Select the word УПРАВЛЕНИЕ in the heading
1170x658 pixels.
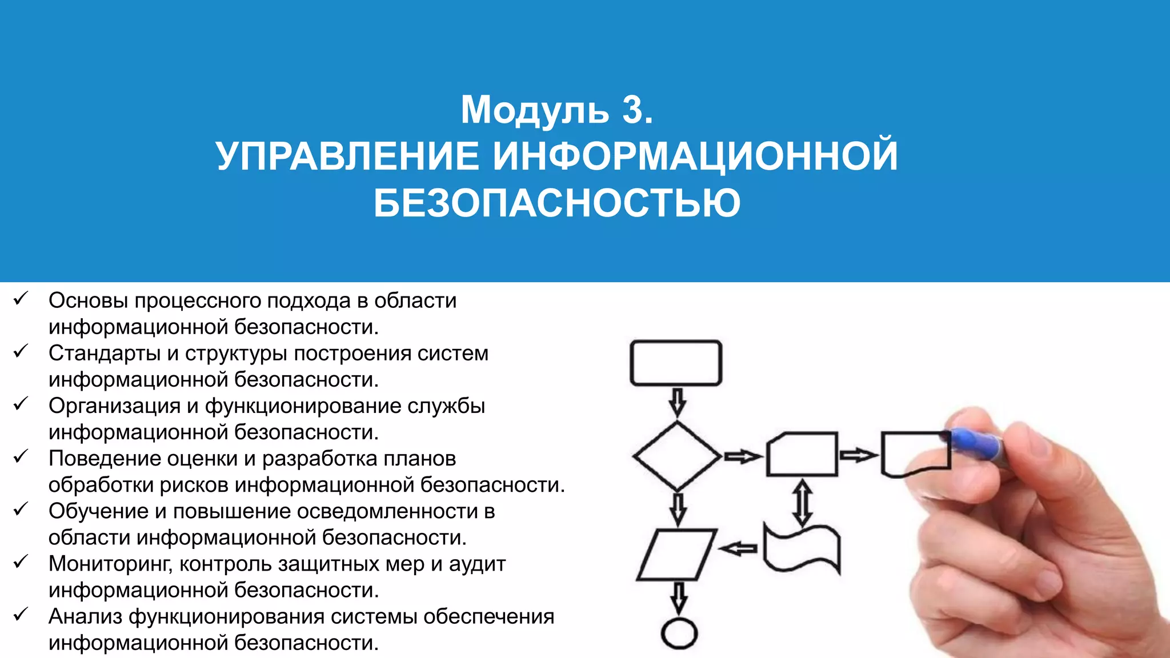coord(347,156)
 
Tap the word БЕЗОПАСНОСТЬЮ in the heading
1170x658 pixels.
coord(557,203)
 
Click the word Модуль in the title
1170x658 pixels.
coord(535,110)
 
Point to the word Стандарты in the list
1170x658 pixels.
coord(104,354)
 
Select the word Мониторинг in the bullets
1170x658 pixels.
coord(110,564)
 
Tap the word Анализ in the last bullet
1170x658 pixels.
coord(85,616)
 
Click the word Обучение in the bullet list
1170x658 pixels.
coord(98,511)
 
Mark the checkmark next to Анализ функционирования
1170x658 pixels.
coord(21,614)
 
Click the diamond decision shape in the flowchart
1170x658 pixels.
coord(677,456)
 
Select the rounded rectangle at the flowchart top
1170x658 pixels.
coord(676,363)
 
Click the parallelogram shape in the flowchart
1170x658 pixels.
coord(676,555)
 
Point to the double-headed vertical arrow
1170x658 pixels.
coord(803,502)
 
